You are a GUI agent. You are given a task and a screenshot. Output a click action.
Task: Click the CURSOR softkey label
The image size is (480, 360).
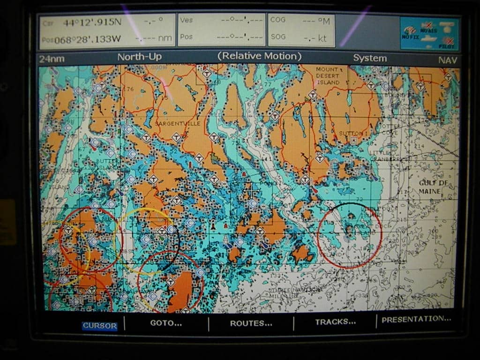coord(99,326)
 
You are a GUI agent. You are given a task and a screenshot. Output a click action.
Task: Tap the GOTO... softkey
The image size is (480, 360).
coord(166,323)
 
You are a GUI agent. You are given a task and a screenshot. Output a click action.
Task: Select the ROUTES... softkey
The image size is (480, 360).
coord(251,323)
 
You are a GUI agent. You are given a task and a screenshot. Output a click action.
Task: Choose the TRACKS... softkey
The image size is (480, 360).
coord(335,322)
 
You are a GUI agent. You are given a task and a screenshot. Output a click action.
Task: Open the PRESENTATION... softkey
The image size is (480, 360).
coord(416,319)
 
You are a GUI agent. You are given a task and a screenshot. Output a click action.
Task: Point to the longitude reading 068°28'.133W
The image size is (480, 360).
coord(87,39)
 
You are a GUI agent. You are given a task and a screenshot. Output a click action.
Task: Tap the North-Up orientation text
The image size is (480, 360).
coord(140,57)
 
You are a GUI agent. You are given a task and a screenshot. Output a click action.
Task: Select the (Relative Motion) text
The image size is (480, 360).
coord(259,56)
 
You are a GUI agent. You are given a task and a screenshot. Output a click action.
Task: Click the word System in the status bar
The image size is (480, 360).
coord(370,58)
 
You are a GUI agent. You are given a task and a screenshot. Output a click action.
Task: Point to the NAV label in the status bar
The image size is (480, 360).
coord(448,60)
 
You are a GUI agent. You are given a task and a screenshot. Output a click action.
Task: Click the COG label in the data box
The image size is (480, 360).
coord(278,20)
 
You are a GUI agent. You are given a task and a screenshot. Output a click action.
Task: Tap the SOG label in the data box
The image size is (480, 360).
coord(278,37)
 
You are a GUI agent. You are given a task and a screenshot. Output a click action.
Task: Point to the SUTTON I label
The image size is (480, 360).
coord(350,134)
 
